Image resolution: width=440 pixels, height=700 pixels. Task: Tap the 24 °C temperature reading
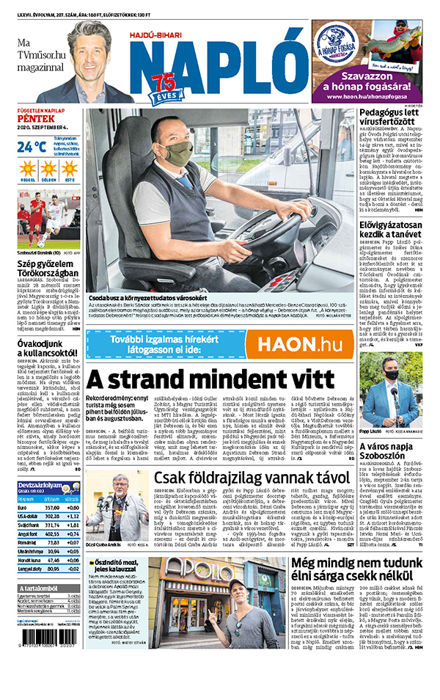32,146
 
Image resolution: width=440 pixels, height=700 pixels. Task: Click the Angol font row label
29,533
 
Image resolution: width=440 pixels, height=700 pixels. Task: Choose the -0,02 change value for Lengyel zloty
71,569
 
